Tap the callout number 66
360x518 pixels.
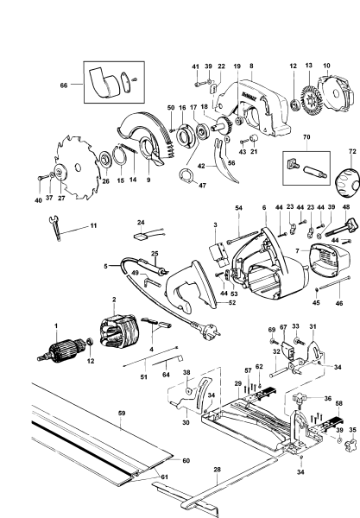point(62,84)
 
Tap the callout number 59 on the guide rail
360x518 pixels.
point(122,414)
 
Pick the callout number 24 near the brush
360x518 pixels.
point(141,222)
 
